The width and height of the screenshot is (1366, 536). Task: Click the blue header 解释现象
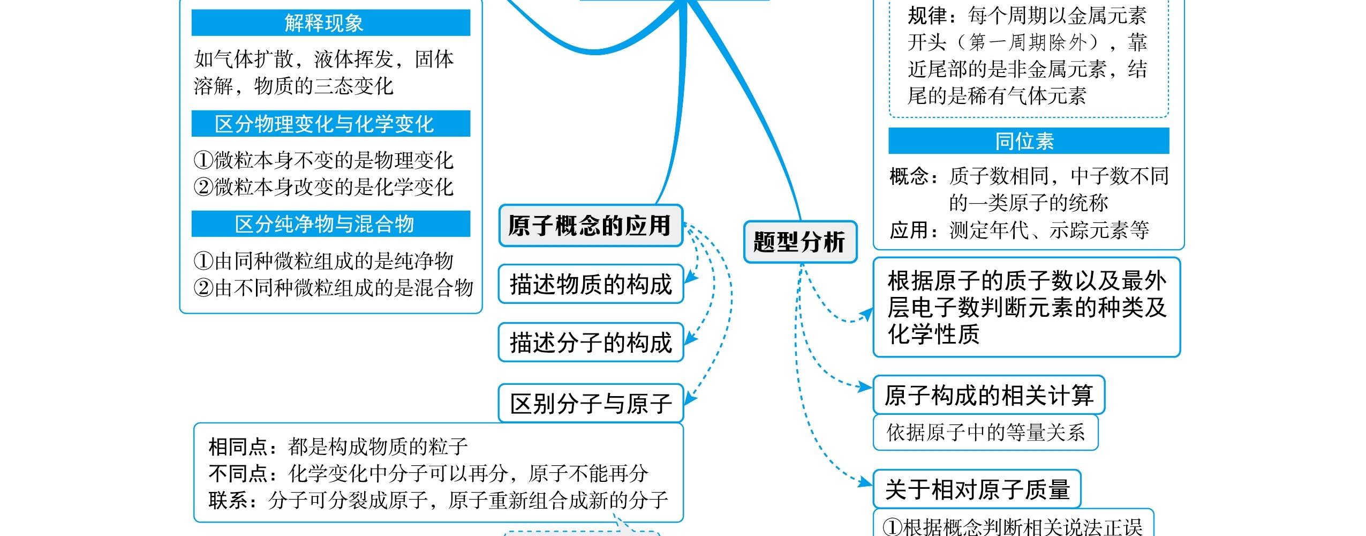tap(330, 23)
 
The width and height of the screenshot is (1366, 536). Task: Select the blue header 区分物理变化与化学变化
tap(330, 124)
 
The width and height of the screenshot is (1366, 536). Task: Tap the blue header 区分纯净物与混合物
tap(330, 224)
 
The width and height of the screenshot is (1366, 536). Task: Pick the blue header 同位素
tap(1028, 141)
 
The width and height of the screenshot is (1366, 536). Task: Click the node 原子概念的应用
tap(590, 226)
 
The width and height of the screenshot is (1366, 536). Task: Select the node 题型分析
tap(800, 242)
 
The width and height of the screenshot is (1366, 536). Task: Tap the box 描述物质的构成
tap(591, 284)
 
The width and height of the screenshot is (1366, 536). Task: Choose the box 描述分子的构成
tap(591, 343)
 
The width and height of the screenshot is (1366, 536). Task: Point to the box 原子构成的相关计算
tap(988, 396)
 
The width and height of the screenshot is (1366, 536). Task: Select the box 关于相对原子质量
tap(977, 489)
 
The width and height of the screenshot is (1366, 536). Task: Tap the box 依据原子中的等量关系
tap(985, 433)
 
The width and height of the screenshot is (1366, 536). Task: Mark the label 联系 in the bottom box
tap(228, 501)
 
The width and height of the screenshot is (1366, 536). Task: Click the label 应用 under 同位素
tap(908, 230)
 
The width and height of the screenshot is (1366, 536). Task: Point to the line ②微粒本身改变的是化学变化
tap(323, 187)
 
